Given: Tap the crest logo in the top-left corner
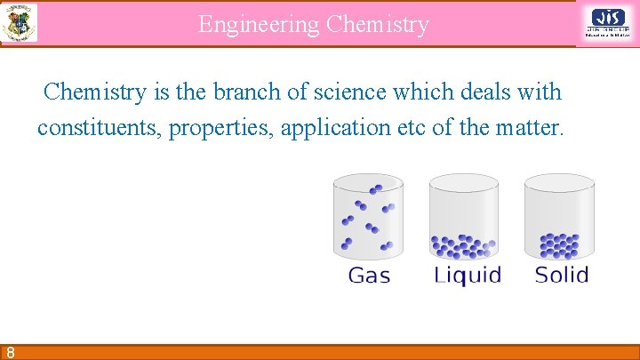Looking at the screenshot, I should (19, 22).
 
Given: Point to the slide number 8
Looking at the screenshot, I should (8, 351).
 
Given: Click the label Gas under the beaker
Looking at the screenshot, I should (369, 276).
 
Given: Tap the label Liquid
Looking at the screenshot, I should (467, 276).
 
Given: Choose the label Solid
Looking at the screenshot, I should (562, 275).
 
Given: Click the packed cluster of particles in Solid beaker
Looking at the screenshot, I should (559, 244).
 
